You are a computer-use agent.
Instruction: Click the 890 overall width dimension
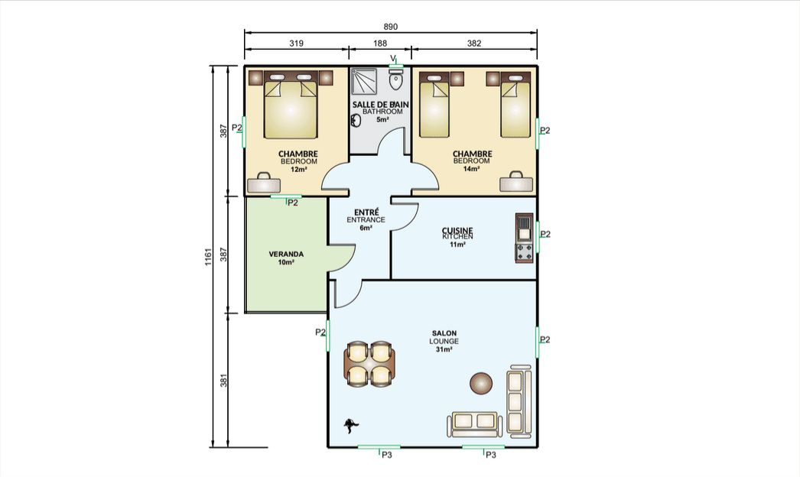[x=390, y=27]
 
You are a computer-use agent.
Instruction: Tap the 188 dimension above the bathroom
[x=380, y=44]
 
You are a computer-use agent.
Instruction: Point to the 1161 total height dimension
[x=208, y=257]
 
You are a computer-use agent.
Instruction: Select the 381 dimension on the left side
[x=223, y=381]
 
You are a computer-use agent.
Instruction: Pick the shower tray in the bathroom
[x=364, y=82]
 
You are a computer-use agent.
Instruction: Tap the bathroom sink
[x=356, y=120]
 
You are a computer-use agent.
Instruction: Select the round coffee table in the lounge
[x=481, y=383]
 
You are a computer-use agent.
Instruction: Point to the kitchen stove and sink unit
[x=524, y=238]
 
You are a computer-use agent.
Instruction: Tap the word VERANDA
[x=286, y=254]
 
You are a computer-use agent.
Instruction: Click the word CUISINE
[x=457, y=231]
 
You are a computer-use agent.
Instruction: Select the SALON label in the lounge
[x=444, y=333]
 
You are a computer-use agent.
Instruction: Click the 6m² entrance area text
[x=366, y=228]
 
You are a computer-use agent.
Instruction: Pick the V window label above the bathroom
[x=393, y=58]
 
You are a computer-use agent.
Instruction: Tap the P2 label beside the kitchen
[x=545, y=234]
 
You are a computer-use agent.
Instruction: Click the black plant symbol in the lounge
[x=350, y=425]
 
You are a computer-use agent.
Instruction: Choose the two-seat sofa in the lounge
[x=474, y=424]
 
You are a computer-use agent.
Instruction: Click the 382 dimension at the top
[x=474, y=44]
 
